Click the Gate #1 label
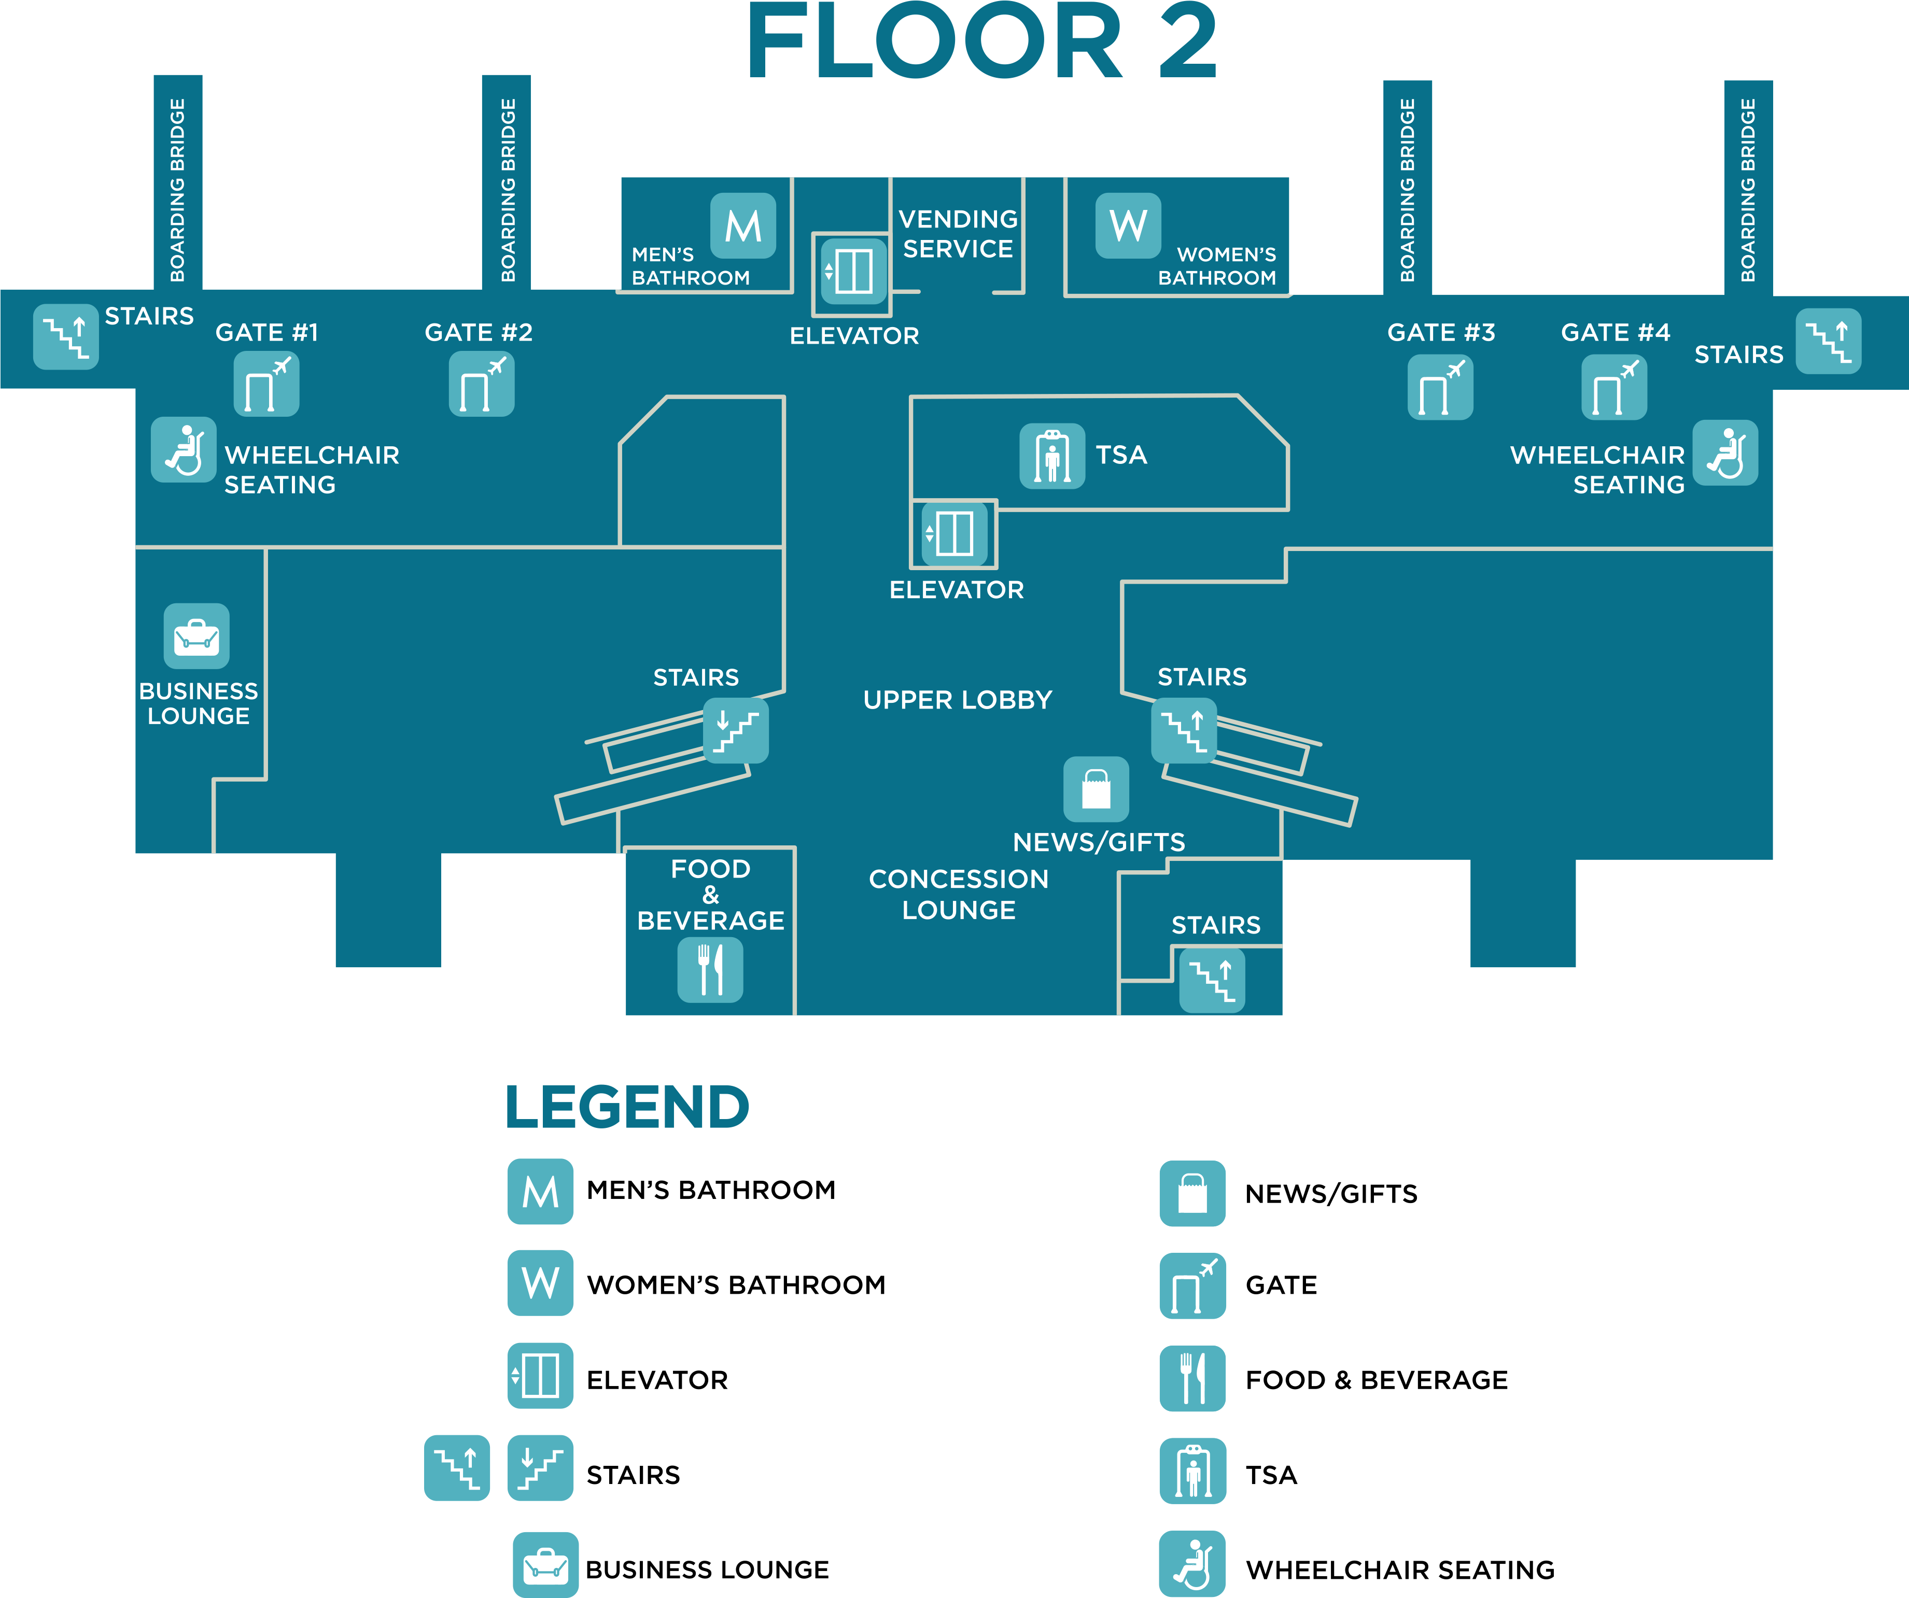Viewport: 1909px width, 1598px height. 266,333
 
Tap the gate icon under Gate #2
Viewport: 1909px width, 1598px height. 481,385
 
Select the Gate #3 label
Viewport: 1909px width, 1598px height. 1441,333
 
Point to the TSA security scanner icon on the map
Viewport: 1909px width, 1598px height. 1052,456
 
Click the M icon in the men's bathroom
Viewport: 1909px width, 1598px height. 742,225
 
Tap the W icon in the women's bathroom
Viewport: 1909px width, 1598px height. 1128,225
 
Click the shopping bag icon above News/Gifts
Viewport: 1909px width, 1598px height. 1097,789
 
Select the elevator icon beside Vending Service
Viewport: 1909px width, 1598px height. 853,271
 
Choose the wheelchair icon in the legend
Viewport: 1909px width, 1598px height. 1192,1563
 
